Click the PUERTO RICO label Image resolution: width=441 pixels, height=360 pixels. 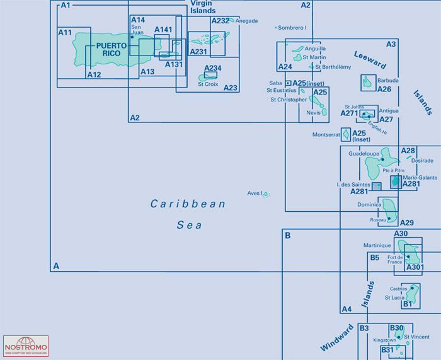pyautogui.click(x=112, y=50)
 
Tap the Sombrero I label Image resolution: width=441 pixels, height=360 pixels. pyautogui.click(x=293, y=28)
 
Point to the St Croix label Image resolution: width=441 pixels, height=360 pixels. pyautogui.click(x=208, y=83)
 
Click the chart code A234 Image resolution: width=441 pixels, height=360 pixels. pyautogui.click(x=212, y=68)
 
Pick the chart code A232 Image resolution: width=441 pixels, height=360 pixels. pyautogui.click(x=220, y=21)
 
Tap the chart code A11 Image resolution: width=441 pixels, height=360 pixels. pyautogui.click(x=66, y=32)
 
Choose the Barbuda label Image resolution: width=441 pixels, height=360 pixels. pyautogui.click(x=388, y=81)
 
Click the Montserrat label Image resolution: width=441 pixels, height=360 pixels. pyautogui.click(x=326, y=135)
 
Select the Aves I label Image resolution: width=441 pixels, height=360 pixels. pyautogui.click(x=255, y=193)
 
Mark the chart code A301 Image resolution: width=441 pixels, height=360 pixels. pyautogui.click(x=415, y=267)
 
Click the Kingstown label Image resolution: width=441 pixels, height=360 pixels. pyautogui.click(x=385, y=340)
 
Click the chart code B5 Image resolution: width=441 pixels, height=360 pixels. pyautogui.click(x=375, y=257)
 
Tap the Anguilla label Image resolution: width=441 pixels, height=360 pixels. pyautogui.click(x=315, y=48)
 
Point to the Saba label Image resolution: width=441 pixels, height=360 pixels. pyautogui.click(x=275, y=83)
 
